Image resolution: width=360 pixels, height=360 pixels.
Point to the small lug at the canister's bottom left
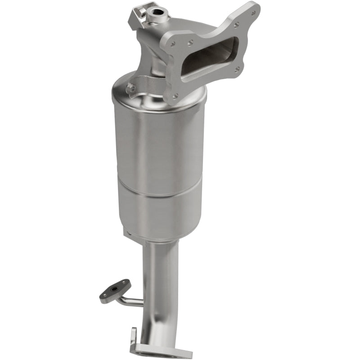(128, 233)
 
